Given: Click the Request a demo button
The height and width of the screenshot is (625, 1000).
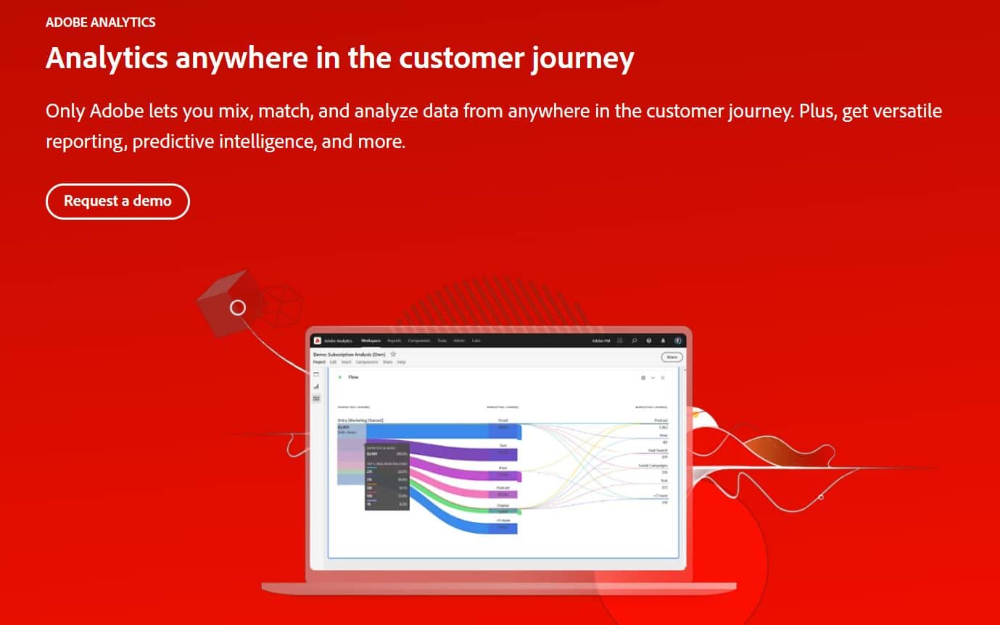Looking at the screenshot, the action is click(x=117, y=202).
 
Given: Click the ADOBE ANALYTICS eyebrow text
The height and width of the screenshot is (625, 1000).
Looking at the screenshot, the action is click(x=100, y=22).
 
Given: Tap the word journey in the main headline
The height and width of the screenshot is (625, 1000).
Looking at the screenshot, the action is click(x=580, y=59).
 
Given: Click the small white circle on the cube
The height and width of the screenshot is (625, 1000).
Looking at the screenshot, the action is click(x=238, y=307).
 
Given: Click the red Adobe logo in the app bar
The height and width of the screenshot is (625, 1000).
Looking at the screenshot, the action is click(x=318, y=341).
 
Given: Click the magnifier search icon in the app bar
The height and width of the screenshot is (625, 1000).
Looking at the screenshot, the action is click(x=635, y=341).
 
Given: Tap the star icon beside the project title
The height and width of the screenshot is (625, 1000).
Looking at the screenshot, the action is click(x=393, y=354).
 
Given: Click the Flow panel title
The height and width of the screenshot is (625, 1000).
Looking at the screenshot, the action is click(x=353, y=377).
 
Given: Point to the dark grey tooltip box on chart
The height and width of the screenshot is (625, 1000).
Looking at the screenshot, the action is click(x=387, y=476).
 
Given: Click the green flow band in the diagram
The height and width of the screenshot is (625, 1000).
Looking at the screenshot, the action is click(x=450, y=500).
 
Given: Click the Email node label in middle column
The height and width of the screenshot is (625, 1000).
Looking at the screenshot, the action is click(x=503, y=420).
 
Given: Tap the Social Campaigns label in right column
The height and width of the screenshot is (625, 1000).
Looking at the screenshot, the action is click(x=653, y=465).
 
